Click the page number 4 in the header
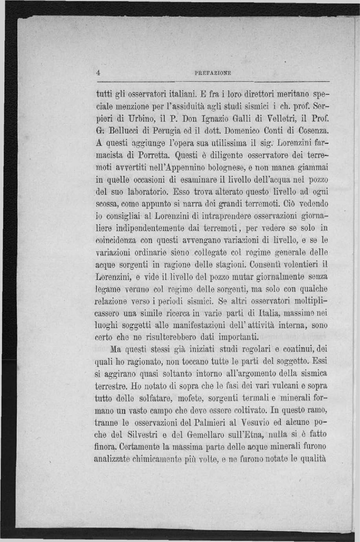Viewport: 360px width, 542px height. tap(98, 72)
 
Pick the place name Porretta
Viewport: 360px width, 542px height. tap(153, 156)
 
